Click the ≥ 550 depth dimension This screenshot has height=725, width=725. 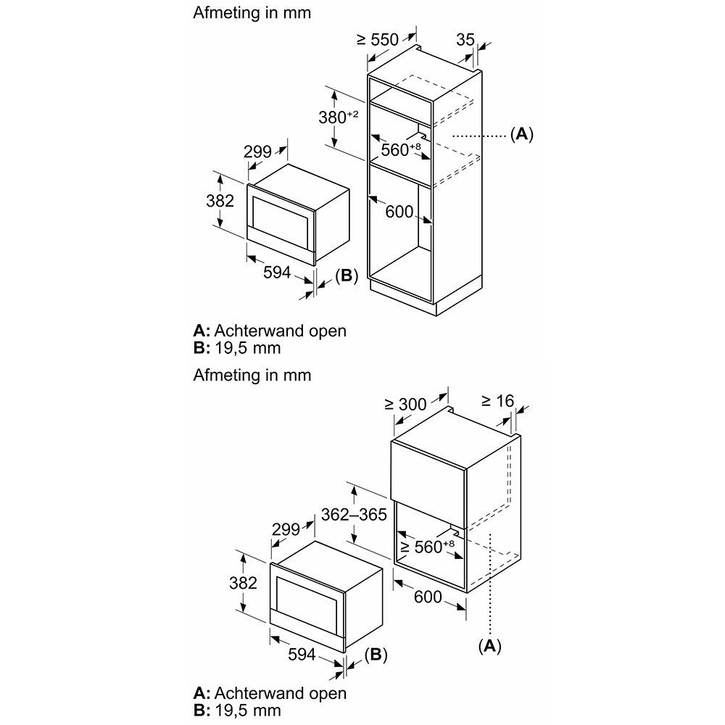pos(378,40)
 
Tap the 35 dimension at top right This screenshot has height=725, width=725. pos(465,40)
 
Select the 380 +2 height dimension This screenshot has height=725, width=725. pos(339,117)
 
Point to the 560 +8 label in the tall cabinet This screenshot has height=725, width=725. pos(401,149)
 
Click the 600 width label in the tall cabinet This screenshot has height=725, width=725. pos(399,212)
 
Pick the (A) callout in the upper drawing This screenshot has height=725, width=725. pos(521,134)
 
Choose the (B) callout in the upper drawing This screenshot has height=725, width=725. pos(347,275)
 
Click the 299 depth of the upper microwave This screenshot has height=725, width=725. pos(257,152)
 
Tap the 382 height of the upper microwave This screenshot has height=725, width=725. pos(220,201)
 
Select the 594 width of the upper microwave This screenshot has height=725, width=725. pos(277,273)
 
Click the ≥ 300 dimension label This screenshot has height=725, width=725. pos(405,404)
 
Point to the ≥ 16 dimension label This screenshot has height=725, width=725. pos(497,401)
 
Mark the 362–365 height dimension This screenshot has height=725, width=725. pos(354,514)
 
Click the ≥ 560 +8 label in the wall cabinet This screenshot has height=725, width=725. pos(427,547)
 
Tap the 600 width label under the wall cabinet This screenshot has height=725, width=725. pos(428,597)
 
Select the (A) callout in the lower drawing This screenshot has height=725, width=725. pos(489,645)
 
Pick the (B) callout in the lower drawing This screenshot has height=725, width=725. pos(376,654)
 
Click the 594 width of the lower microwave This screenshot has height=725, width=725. pos(302,654)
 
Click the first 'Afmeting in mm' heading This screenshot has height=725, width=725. pos(252,12)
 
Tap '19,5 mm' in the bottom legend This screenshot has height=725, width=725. pos(248,710)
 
